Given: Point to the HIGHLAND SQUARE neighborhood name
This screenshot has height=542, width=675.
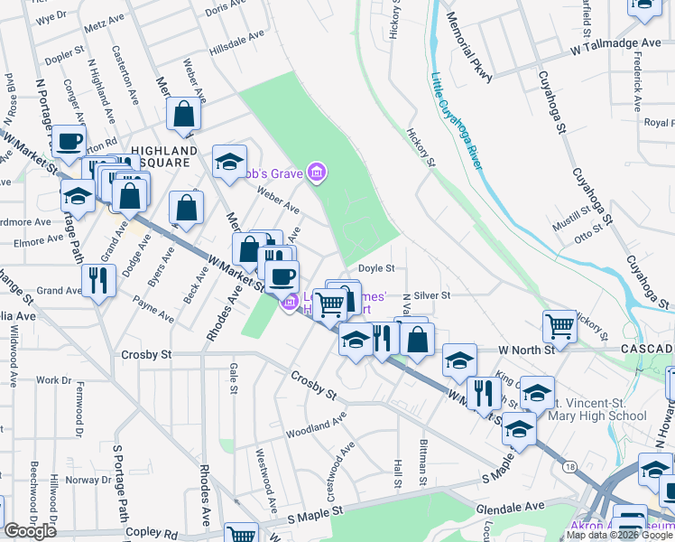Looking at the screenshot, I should click(163, 156).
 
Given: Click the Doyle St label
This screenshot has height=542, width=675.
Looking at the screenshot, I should click(376, 268).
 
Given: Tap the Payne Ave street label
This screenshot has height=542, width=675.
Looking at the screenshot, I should click(153, 309).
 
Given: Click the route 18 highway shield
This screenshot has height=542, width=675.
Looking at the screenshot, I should click(569, 467).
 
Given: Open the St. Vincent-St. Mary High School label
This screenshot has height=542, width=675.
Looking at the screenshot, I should click(596, 409).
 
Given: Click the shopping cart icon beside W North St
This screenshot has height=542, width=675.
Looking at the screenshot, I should click(560, 326).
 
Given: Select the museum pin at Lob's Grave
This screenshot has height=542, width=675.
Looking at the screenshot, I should click(316, 172).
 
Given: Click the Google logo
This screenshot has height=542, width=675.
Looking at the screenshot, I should click(31, 531).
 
